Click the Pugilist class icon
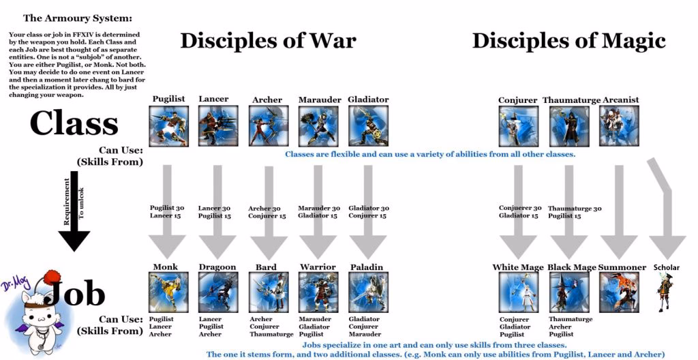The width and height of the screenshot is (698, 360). (x=169, y=126)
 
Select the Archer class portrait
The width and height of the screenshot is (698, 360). (x=269, y=126)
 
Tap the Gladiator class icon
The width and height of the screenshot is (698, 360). (x=368, y=126)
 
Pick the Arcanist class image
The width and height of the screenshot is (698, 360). (x=619, y=126)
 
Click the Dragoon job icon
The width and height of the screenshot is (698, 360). (x=218, y=292)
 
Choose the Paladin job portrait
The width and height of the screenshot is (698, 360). (x=368, y=292)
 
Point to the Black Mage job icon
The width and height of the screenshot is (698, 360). (x=569, y=292)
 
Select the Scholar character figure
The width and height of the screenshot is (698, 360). (x=664, y=292)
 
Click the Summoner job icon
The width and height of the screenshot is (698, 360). (x=619, y=292)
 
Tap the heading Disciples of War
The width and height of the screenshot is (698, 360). (x=268, y=41)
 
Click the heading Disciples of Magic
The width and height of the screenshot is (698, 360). (x=569, y=41)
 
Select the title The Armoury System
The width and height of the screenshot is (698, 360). (x=78, y=18)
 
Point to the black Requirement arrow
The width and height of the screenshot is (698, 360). (x=74, y=211)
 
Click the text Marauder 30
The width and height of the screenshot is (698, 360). (x=319, y=208)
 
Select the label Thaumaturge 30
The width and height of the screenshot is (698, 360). (x=574, y=209)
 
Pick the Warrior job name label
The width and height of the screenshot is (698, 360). (x=318, y=267)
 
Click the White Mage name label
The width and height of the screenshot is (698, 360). (x=518, y=267)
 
